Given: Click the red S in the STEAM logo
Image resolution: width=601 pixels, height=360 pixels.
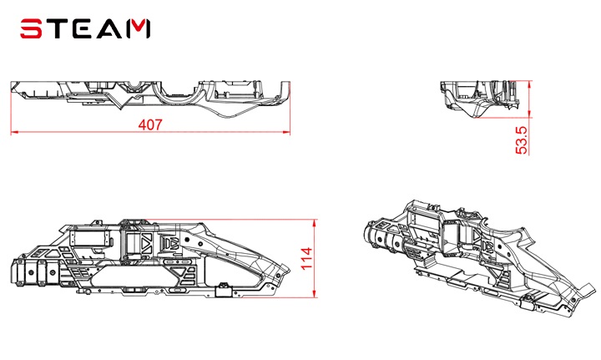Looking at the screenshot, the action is pyautogui.click(x=30, y=28).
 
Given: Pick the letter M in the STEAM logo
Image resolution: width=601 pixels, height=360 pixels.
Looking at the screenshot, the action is pyautogui.click(x=137, y=29).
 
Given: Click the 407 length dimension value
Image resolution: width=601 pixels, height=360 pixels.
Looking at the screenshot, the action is pyautogui.click(x=150, y=124).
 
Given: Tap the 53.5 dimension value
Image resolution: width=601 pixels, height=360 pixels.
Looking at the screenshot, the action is pyautogui.click(x=522, y=140).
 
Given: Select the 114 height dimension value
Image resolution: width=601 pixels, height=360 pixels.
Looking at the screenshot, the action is pyautogui.click(x=307, y=259).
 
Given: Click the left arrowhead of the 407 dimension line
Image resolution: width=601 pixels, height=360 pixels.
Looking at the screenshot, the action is pyautogui.click(x=14, y=133).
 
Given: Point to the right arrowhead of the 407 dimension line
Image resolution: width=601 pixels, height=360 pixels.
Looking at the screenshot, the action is pyautogui.click(x=286, y=133).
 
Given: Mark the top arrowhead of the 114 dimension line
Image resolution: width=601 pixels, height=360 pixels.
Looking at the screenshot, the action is pyautogui.click(x=315, y=223).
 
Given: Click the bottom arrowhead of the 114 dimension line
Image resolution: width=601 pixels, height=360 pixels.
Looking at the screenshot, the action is pyautogui.click(x=315, y=293).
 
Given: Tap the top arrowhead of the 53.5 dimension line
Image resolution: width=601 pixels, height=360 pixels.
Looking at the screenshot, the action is pyautogui.click(x=530, y=84).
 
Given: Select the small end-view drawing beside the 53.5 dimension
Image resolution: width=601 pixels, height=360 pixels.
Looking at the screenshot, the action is pyautogui.click(x=479, y=98).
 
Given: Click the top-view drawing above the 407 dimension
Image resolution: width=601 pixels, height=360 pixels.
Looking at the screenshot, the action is pyautogui.click(x=150, y=99).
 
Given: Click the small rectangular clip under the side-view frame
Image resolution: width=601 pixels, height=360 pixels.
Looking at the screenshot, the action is pyautogui.click(x=225, y=290).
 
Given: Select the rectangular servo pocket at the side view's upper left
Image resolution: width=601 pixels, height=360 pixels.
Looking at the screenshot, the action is pyautogui.click(x=89, y=238).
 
